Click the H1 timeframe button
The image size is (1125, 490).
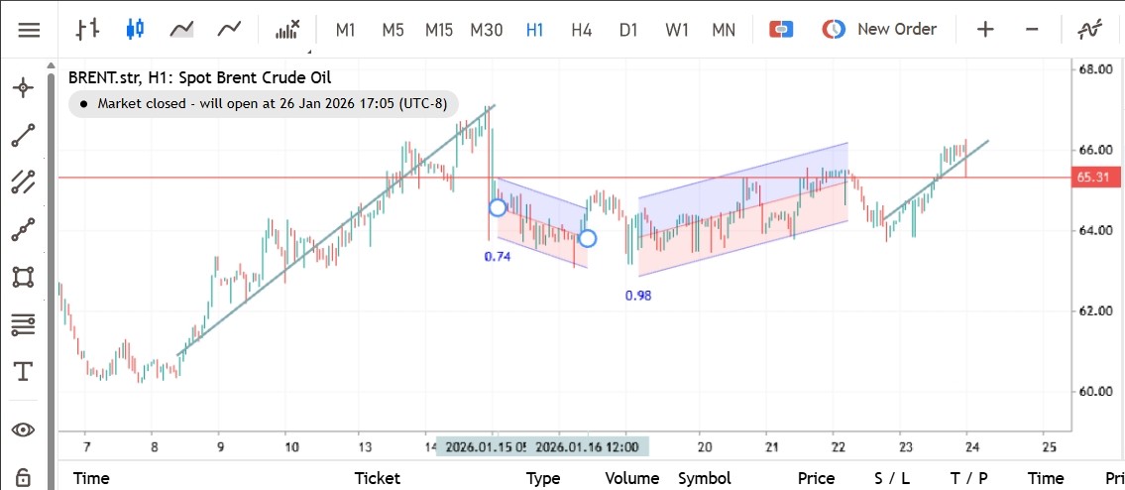[534, 30]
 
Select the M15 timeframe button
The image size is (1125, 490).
[438, 30]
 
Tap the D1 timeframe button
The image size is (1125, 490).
[628, 30]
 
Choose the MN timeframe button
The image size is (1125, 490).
[724, 30]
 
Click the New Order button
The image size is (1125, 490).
[879, 30]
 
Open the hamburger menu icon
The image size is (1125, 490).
[29, 30]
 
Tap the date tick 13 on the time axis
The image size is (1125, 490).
[365, 447]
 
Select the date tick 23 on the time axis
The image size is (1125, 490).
[904, 447]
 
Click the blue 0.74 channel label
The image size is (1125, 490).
[498, 257]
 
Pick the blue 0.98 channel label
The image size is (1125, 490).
[639, 296]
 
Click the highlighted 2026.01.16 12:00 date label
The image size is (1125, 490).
[593, 447]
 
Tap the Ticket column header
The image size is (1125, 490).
[378, 478]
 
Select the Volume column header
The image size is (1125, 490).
[632, 478]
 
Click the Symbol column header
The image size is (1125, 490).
[704, 478]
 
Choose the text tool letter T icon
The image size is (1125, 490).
[22, 372]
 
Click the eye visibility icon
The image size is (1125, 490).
[22, 429]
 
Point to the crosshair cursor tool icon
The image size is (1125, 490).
[22, 88]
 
